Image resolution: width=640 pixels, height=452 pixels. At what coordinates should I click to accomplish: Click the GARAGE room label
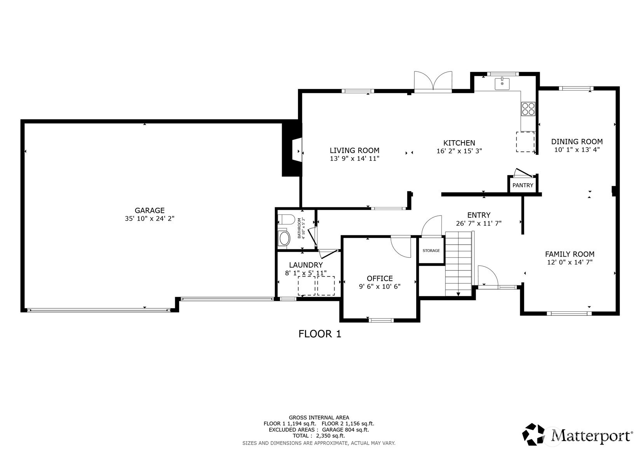[150, 210]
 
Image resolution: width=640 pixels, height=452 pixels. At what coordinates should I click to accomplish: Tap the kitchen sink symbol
[502, 83]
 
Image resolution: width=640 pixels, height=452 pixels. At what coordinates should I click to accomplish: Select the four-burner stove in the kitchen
[528, 109]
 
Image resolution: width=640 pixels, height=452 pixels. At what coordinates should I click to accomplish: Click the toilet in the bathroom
[286, 219]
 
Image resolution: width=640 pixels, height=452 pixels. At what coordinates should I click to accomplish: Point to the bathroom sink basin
[284, 238]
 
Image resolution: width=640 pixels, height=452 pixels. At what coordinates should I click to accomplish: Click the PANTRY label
[523, 185]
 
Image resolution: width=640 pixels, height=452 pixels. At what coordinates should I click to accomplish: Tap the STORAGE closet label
[431, 251]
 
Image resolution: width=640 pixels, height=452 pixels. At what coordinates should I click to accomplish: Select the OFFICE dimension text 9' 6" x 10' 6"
[380, 287]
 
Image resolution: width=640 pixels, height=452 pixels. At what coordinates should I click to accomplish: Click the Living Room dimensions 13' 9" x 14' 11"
[354, 158]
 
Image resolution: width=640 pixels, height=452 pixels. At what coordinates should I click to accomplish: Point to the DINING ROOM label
[577, 142]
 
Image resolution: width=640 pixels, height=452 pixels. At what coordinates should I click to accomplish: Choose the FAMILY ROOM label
[570, 254]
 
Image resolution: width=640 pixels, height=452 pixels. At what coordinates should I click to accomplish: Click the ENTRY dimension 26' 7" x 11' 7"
[479, 223]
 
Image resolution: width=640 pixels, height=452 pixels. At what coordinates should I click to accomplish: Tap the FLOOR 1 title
[320, 334]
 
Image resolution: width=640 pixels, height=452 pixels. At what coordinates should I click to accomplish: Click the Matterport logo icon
[533, 434]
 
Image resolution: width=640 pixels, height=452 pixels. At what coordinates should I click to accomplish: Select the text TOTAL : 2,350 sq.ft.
[319, 436]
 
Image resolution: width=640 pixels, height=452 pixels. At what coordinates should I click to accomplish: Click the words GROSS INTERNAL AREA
[319, 418]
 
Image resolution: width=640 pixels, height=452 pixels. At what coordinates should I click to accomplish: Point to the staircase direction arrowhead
[458, 294]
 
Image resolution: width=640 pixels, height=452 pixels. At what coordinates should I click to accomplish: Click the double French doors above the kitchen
[433, 82]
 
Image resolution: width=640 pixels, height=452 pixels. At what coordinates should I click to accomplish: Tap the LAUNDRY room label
[306, 265]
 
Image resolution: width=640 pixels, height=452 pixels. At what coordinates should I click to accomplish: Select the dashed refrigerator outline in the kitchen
[525, 142]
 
